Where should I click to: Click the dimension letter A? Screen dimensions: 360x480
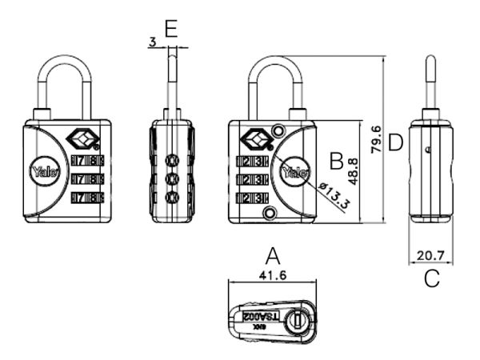pos(273,256)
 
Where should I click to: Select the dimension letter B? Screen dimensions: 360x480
pos(336,160)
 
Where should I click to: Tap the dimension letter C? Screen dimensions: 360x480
pos(432,279)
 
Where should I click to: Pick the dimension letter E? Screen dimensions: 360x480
pos(170,30)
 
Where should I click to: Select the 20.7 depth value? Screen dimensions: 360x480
pos(431,257)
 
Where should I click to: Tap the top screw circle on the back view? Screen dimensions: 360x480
pos(278,130)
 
